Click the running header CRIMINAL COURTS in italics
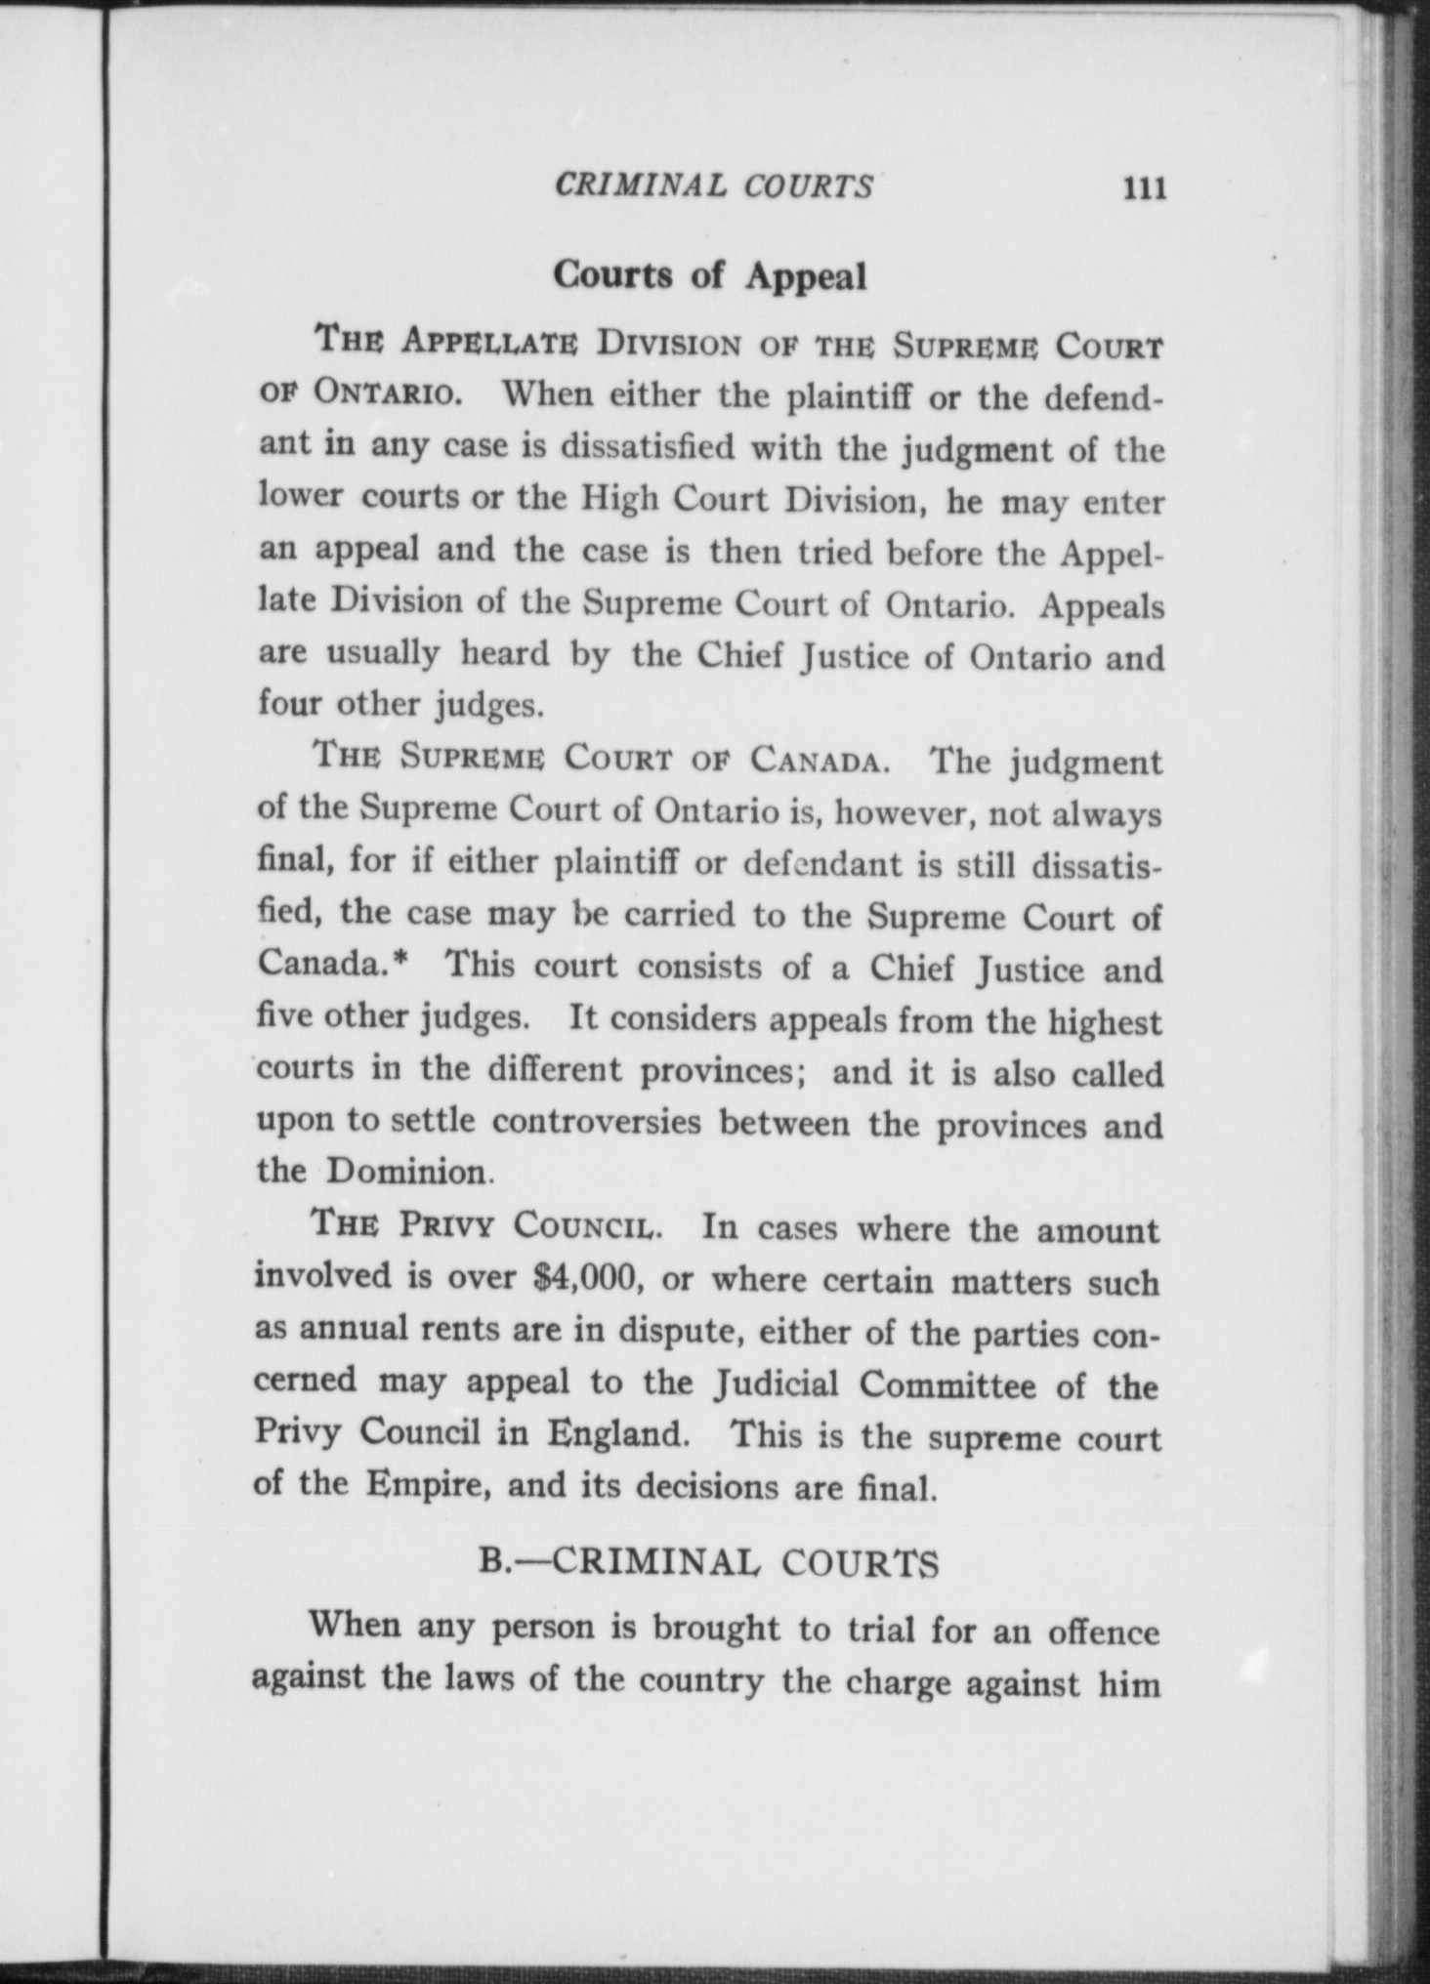[713, 186]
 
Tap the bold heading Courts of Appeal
[710, 276]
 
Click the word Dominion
[407, 1171]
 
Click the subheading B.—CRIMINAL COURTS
[709, 1562]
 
